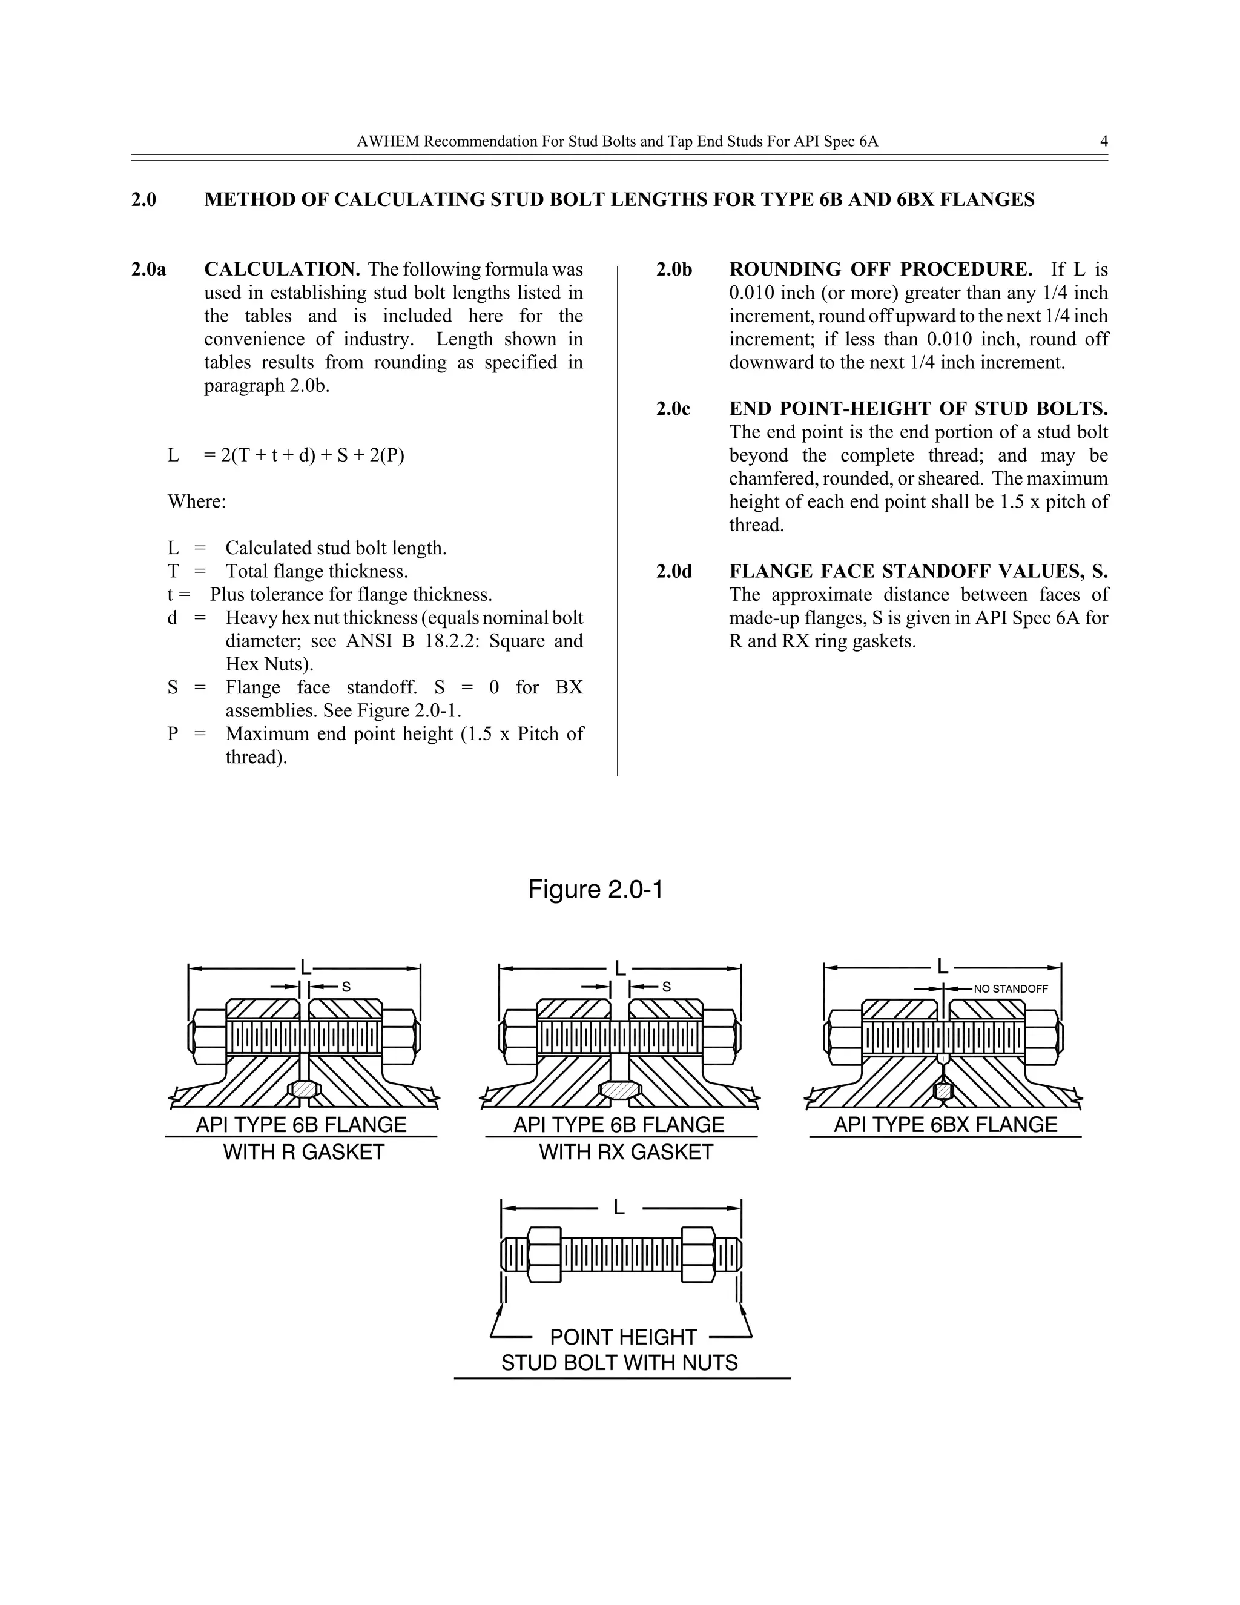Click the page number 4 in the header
[1103, 141]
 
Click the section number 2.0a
[148, 270]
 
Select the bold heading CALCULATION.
[282, 270]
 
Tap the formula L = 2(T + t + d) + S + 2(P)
[286, 455]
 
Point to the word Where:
[197, 502]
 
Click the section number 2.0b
[674, 270]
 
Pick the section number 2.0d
[674, 572]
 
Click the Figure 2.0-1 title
[595, 890]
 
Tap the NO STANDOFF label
[1011, 989]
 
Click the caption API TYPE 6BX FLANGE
[945, 1124]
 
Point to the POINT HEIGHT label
[623, 1337]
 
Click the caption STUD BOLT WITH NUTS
[619, 1363]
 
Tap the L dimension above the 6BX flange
[943, 967]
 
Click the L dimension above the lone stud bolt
[619, 1208]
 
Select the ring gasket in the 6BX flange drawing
[943, 1091]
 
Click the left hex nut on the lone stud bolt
[544, 1254]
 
